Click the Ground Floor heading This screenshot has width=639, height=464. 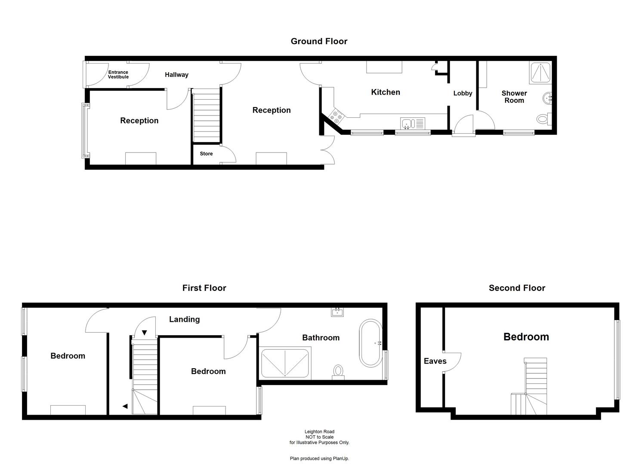point(319,41)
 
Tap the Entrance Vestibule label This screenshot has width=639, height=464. point(118,75)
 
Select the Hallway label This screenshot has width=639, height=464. point(176,75)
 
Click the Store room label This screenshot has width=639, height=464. point(206,154)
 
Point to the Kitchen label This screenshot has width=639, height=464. point(386,92)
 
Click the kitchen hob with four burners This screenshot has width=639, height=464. point(336,116)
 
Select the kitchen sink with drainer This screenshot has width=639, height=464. point(412,123)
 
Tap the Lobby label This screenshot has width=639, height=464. point(463,93)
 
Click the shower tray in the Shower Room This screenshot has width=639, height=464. point(540,72)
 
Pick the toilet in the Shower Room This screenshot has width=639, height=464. point(543,119)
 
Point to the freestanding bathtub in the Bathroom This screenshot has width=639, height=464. point(370,342)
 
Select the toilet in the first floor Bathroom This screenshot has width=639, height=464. point(338,372)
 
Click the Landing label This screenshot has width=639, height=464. point(184,319)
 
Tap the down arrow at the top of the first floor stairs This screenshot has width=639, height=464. point(145,333)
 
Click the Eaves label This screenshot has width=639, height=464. point(435,361)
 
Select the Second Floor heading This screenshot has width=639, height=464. point(517,288)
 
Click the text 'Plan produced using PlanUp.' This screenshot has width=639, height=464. point(319,458)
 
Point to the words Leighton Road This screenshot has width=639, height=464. point(319,432)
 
